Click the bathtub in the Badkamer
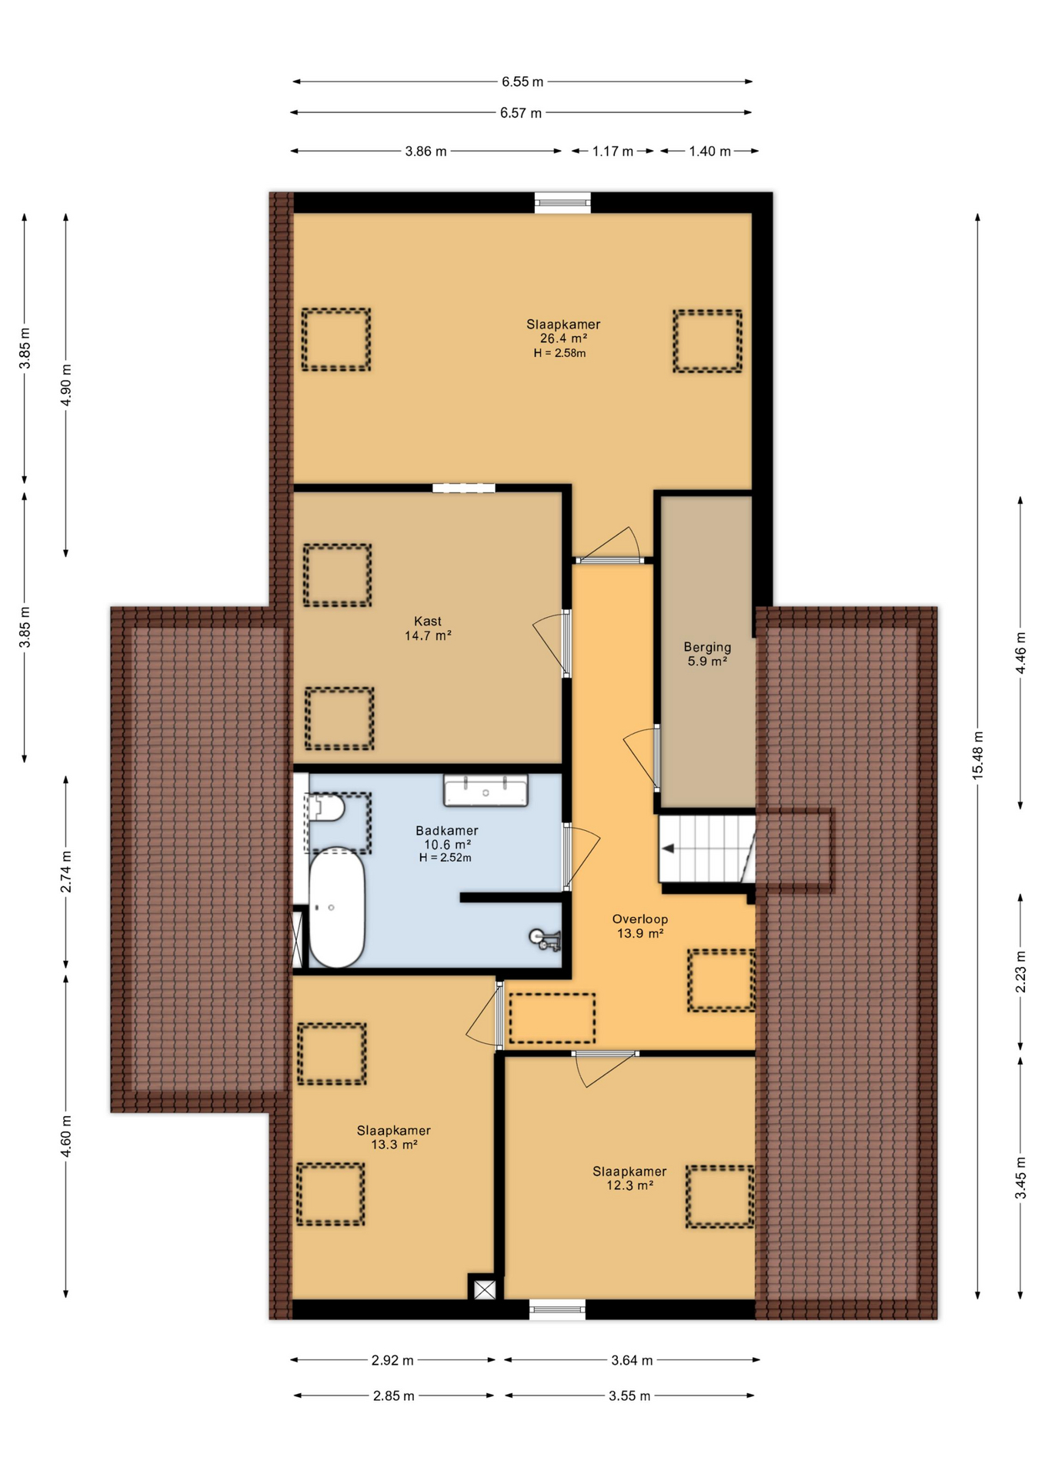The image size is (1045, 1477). click(x=336, y=907)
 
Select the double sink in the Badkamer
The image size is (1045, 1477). click(x=486, y=791)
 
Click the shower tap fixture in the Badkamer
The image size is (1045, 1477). click(x=546, y=939)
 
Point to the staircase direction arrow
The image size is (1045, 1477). click(x=668, y=849)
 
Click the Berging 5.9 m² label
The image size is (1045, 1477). click(x=707, y=654)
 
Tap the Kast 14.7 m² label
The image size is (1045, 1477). click(x=428, y=628)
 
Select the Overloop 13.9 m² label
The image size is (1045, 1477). click(x=640, y=926)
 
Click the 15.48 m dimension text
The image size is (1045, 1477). click(x=978, y=755)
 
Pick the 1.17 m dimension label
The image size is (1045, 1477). click(x=613, y=152)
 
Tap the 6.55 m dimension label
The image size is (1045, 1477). click(x=522, y=82)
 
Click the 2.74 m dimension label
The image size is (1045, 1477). click(x=66, y=872)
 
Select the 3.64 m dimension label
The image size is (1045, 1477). click(x=632, y=1360)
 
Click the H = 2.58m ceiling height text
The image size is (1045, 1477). click(x=559, y=353)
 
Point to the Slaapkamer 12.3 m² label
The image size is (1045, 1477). click(x=629, y=1178)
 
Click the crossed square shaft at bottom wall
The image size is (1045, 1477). click(x=485, y=1289)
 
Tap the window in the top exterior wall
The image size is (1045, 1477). click(x=563, y=202)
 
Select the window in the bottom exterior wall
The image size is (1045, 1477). click(x=557, y=1309)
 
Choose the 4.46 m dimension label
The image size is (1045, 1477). click(x=1020, y=652)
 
